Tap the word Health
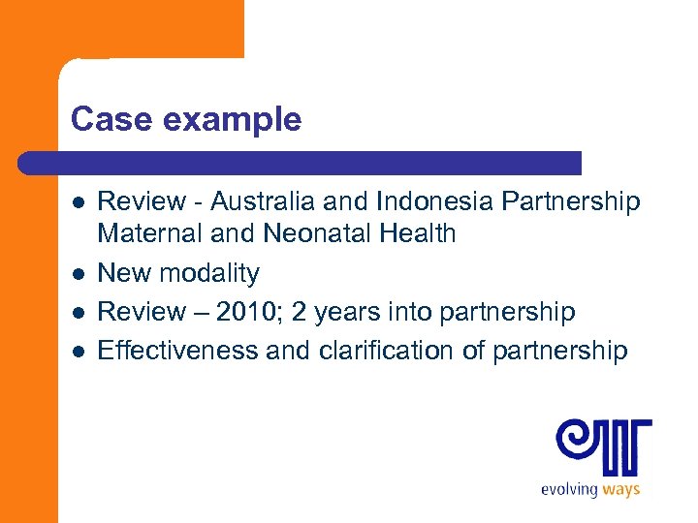pyautogui.click(x=417, y=233)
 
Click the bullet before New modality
pyautogui.click(x=78, y=274)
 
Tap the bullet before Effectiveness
pyautogui.click(x=78, y=351)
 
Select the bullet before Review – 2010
pyautogui.click(x=78, y=313)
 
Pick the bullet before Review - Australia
pyautogui.click(x=78, y=202)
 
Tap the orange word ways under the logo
pyautogui.click(x=621, y=489)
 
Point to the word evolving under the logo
pyautogui.click(x=570, y=489)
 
